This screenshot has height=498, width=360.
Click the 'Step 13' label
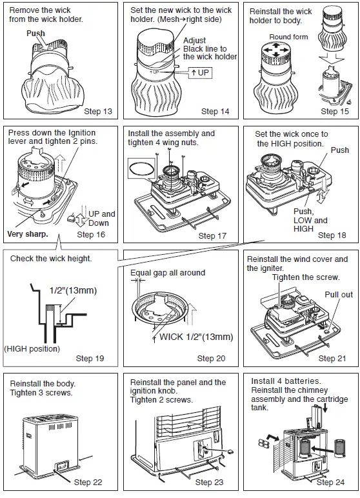[x=97, y=112]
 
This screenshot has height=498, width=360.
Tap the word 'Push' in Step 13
[x=36, y=33]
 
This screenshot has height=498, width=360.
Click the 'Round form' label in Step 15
[x=288, y=37]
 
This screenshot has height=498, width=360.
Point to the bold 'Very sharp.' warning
[x=28, y=234]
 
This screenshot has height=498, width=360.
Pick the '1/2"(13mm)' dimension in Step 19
[x=73, y=290]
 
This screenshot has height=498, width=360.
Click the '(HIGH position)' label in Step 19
[x=32, y=349]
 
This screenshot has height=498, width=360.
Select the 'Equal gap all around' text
[x=168, y=273]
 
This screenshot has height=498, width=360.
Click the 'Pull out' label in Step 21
[x=339, y=295]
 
